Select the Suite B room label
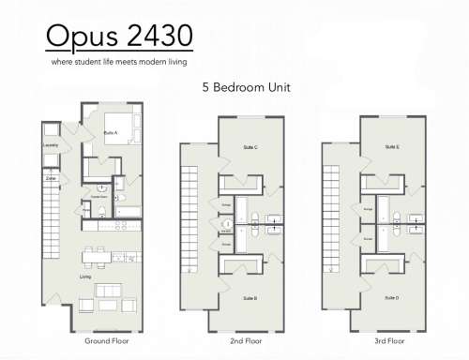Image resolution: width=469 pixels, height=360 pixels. (x=250, y=297)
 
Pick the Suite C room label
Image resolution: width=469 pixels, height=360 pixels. (x=250, y=147)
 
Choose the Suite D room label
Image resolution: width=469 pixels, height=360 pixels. (x=391, y=297)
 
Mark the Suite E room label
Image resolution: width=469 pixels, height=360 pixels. (x=391, y=147)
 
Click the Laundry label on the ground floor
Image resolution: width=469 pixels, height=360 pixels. (x=51, y=145)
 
